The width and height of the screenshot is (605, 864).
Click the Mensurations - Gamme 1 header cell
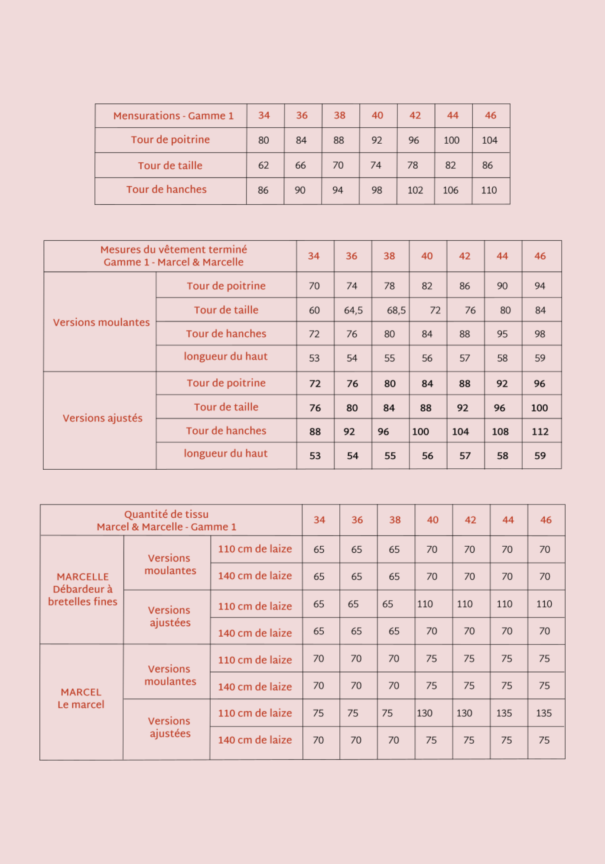173,116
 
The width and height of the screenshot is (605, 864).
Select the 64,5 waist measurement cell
353,310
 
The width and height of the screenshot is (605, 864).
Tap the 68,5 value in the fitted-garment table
396,310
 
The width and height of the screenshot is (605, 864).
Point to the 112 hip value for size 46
540,432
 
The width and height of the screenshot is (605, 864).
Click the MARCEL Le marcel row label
81,698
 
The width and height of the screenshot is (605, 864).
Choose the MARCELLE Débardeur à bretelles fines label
82,589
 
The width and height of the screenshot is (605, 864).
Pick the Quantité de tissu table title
166,520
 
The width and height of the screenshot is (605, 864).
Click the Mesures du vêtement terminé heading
173,256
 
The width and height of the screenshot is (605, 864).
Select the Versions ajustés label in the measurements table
102,418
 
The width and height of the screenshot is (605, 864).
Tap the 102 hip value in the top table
415,190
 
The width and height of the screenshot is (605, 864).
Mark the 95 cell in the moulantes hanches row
502,334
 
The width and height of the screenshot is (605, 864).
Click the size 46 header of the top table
491,116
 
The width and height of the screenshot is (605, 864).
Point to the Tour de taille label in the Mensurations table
170,166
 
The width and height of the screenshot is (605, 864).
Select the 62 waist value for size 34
263,165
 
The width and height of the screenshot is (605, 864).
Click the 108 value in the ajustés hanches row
500,432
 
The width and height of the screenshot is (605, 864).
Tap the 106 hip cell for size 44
451,190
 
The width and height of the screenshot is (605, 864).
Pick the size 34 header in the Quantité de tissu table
319,520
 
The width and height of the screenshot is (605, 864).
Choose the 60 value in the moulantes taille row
314,310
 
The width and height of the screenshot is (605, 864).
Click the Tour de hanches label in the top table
166,190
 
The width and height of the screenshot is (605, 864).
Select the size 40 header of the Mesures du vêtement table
427,256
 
